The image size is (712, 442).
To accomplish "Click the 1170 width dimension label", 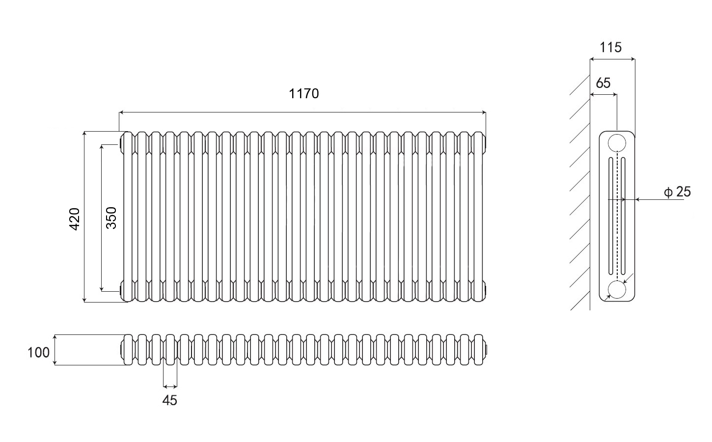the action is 303,93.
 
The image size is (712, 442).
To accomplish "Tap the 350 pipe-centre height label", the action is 111,218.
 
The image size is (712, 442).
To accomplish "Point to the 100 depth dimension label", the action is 38,352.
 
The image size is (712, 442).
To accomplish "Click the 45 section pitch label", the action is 169,400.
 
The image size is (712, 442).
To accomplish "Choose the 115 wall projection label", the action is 610,47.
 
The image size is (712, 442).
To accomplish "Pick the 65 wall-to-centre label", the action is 603,83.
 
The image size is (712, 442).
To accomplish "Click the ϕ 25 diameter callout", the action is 677,192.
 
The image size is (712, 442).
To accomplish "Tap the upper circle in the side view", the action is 617,143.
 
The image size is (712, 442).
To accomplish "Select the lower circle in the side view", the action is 617,290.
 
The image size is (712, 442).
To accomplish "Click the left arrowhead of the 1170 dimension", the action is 121,112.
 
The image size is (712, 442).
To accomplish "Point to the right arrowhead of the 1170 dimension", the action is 484,112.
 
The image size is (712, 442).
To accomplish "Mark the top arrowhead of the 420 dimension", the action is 84,134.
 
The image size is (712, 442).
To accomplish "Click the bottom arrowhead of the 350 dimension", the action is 101,289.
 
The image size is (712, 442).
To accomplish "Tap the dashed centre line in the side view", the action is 617,216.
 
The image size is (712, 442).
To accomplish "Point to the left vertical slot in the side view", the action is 611,216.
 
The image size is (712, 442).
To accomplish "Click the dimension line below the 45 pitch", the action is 170,387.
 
